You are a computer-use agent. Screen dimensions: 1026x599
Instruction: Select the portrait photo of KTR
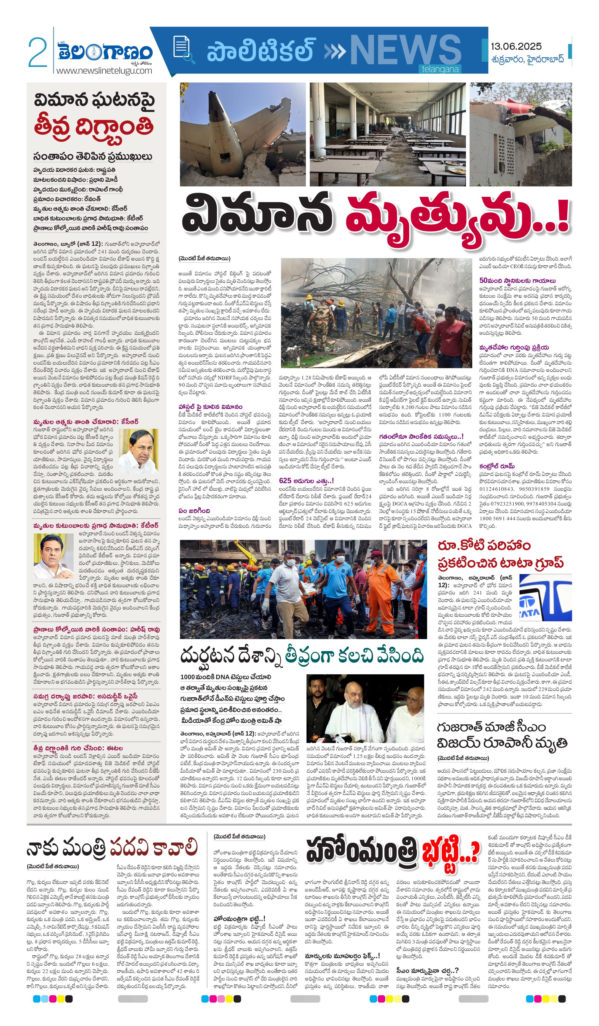tap(53, 556)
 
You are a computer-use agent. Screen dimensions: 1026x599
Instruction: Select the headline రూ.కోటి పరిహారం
tap(484, 545)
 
